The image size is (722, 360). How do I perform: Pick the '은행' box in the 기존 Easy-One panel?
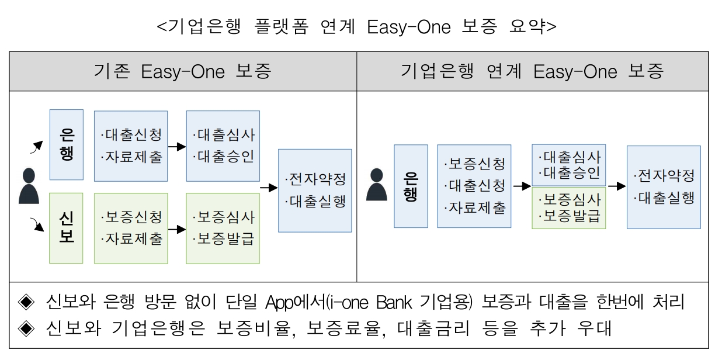pos(67,144)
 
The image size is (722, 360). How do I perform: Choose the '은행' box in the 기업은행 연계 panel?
pos(411,186)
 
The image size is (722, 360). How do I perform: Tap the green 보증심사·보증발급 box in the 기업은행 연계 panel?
pos(568,210)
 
